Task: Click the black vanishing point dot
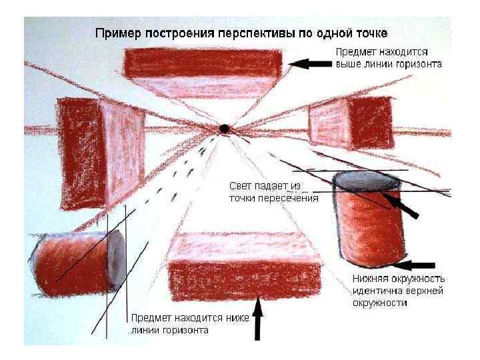[225, 127]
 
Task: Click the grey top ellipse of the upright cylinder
[367, 181]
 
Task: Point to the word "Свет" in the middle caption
[241, 186]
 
